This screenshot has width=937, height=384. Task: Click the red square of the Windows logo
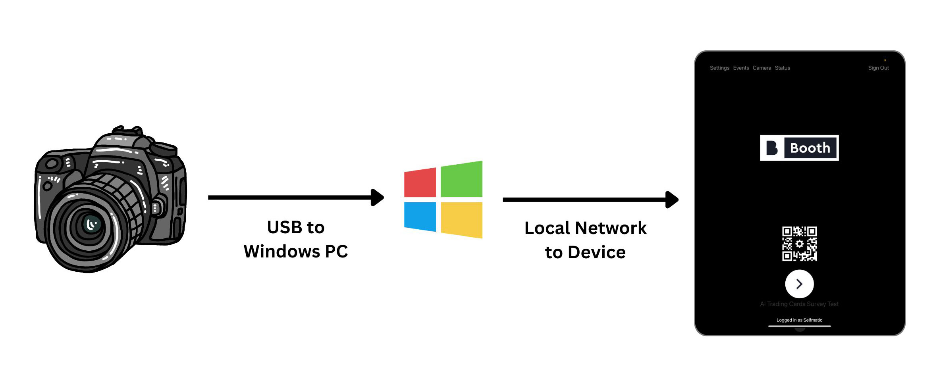point(420,182)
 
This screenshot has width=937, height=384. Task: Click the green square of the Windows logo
point(461,179)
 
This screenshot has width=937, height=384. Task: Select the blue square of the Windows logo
point(420,216)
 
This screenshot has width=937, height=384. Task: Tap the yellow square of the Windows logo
point(461,219)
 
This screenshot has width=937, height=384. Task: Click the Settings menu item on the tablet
point(719,68)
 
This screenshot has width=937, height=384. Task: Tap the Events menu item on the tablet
point(741,68)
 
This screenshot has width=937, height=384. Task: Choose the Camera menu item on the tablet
point(762,68)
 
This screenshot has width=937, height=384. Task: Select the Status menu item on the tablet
point(783,68)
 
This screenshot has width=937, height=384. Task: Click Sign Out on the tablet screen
point(878,68)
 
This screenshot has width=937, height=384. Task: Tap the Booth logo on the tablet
point(799,148)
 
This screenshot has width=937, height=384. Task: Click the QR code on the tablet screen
point(799,244)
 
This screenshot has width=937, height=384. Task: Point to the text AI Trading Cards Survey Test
point(799,304)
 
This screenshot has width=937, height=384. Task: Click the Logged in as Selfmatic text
point(799,320)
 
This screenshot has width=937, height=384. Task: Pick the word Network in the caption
point(611,228)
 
